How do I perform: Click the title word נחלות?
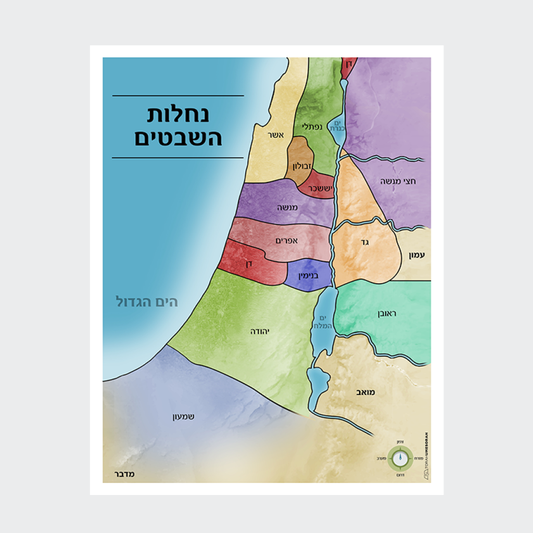[x=179, y=115]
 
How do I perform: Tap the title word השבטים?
[x=179, y=138]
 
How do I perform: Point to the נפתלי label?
[x=311, y=126]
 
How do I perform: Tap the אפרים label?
[x=286, y=241]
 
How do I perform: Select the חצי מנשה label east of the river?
[x=397, y=182]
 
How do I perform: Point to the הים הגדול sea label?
[x=147, y=302]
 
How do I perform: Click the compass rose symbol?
[x=400, y=458]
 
